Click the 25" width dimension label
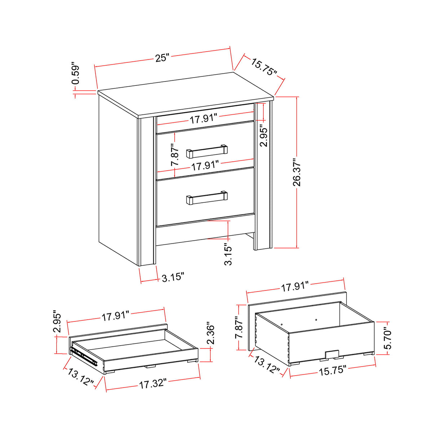[x=162, y=58]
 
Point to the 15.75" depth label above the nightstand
[x=264, y=67]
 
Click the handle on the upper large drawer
[x=207, y=152]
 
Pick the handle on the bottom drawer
[x=207, y=198]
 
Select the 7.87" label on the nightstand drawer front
[x=175, y=155]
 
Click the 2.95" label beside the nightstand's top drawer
[x=264, y=136]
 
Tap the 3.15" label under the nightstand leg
[x=173, y=277]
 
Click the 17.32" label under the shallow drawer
[x=153, y=384]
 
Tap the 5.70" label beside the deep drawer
[x=387, y=338]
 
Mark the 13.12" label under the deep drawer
[x=267, y=365]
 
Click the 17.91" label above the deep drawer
[x=295, y=287]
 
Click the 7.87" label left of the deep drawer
[x=239, y=328]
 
